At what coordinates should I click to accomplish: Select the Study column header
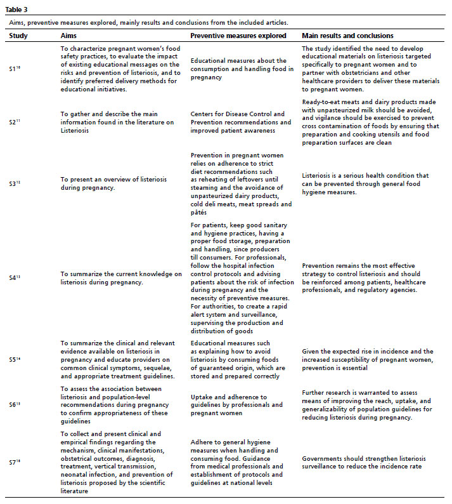(20, 36)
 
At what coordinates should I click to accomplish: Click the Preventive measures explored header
(238, 36)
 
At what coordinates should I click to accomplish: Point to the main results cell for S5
(368, 360)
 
